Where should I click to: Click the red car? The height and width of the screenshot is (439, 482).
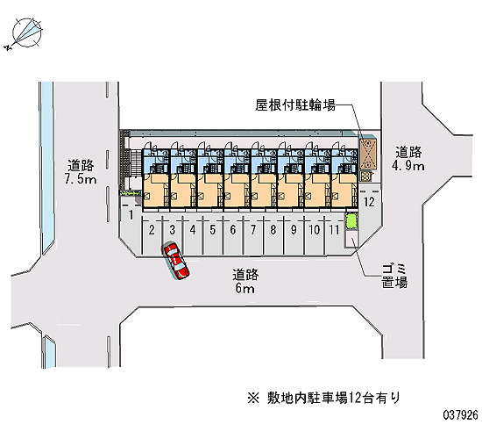(x=176, y=261)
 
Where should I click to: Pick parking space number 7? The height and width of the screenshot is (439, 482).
(x=253, y=235)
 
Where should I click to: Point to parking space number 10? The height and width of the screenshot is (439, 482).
(x=314, y=235)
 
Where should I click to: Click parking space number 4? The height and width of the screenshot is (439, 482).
(x=193, y=235)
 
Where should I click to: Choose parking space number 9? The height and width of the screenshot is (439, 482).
(x=294, y=235)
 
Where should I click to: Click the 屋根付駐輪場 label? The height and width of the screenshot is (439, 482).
(x=294, y=105)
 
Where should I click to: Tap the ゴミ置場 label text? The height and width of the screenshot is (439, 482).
(x=394, y=276)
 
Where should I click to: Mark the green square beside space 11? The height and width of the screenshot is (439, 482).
(x=351, y=221)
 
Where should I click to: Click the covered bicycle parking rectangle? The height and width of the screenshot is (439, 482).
(x=368, y=154)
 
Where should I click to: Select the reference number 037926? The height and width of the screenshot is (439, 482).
(x=460, y=415)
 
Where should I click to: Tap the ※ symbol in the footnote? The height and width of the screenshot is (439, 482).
(x=253, y=398)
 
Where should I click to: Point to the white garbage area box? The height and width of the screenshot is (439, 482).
(x=351, y=239)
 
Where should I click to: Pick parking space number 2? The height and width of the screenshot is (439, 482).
(x=152, y=235)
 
